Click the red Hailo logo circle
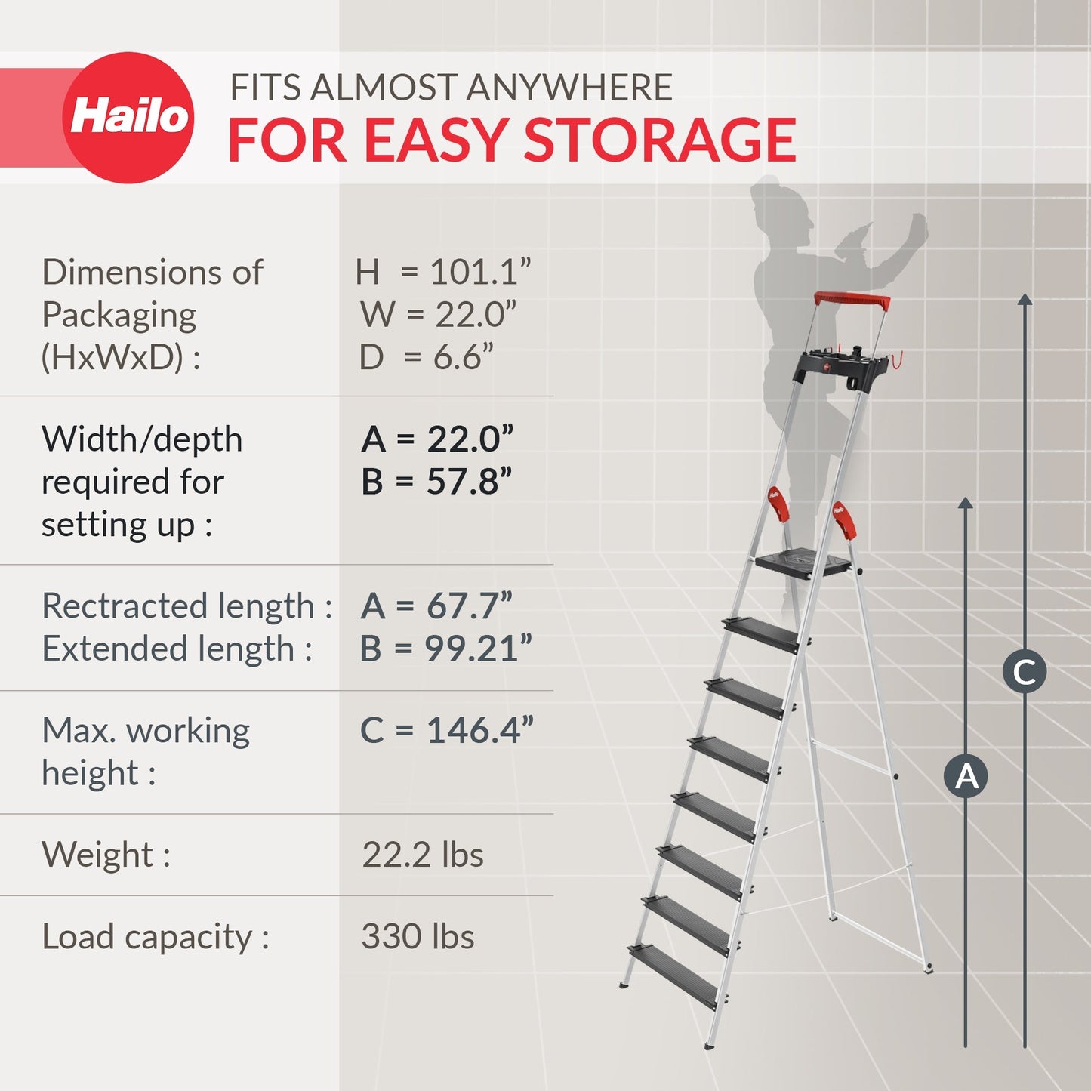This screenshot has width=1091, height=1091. (128, 118)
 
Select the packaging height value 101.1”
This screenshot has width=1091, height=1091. (480, 272)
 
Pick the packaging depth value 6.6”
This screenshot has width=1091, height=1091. (463, 357)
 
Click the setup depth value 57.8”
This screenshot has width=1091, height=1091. (469, 482)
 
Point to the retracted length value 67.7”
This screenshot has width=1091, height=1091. (469, 606)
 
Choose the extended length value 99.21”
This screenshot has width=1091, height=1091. (478, 649)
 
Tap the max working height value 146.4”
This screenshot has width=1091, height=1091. (479, 730)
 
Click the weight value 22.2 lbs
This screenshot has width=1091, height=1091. (423, 855)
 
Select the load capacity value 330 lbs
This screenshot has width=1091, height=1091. (418, 936)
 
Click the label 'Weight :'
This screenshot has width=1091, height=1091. (106, 855)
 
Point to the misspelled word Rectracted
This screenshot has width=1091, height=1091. (125, 606)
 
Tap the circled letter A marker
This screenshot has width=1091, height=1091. (966, 775)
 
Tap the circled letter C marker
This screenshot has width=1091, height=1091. (1025, 671)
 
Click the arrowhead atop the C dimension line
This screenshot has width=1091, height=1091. (1025, 300)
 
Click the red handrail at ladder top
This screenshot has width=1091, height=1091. (852, 300)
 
